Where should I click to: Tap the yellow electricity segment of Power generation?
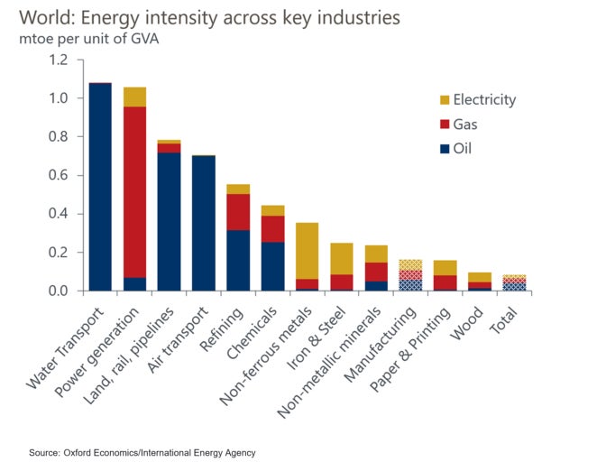click(134, 97)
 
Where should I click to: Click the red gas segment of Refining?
click(238, 212)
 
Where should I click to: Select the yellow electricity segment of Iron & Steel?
click(341, 258)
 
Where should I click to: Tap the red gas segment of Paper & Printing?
click(445, 282)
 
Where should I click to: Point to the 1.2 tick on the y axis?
click(59, 60)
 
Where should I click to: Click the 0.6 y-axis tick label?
click(59, 175)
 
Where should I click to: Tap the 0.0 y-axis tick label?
click(59, 291)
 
